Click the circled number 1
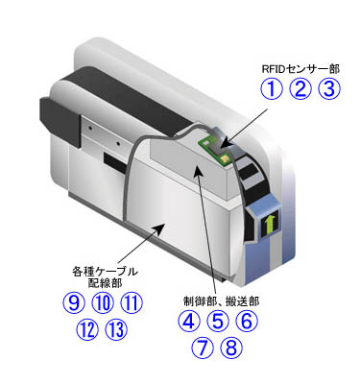pyautogui.click(x=275, y=90)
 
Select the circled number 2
pyautogui.click(x=302, y=90)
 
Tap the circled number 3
pyautogui.click(x=330, y=90)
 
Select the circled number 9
pyautogui.click(x=75, y=303)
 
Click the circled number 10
pyautogui.click(x=104, y=303)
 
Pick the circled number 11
pyautogui.click(x=132, y=303)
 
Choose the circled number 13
pyautogui.click(x=116, y=331)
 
